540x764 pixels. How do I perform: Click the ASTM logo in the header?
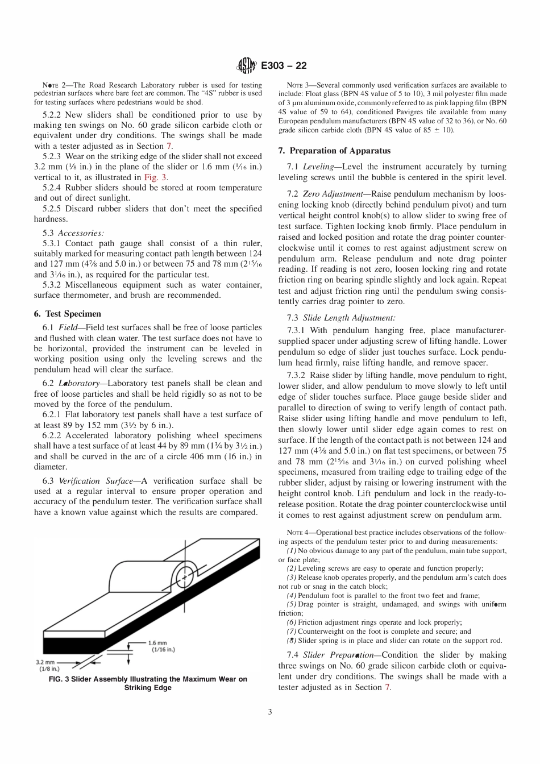point(247,65)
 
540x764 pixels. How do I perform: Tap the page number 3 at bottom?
point(270,711)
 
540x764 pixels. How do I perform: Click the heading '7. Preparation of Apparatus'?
point(334,151)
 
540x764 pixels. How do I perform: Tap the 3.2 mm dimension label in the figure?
point(47,662)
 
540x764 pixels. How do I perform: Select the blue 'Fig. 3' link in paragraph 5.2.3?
point(155,177)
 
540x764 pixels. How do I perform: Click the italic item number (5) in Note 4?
point(291,604)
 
